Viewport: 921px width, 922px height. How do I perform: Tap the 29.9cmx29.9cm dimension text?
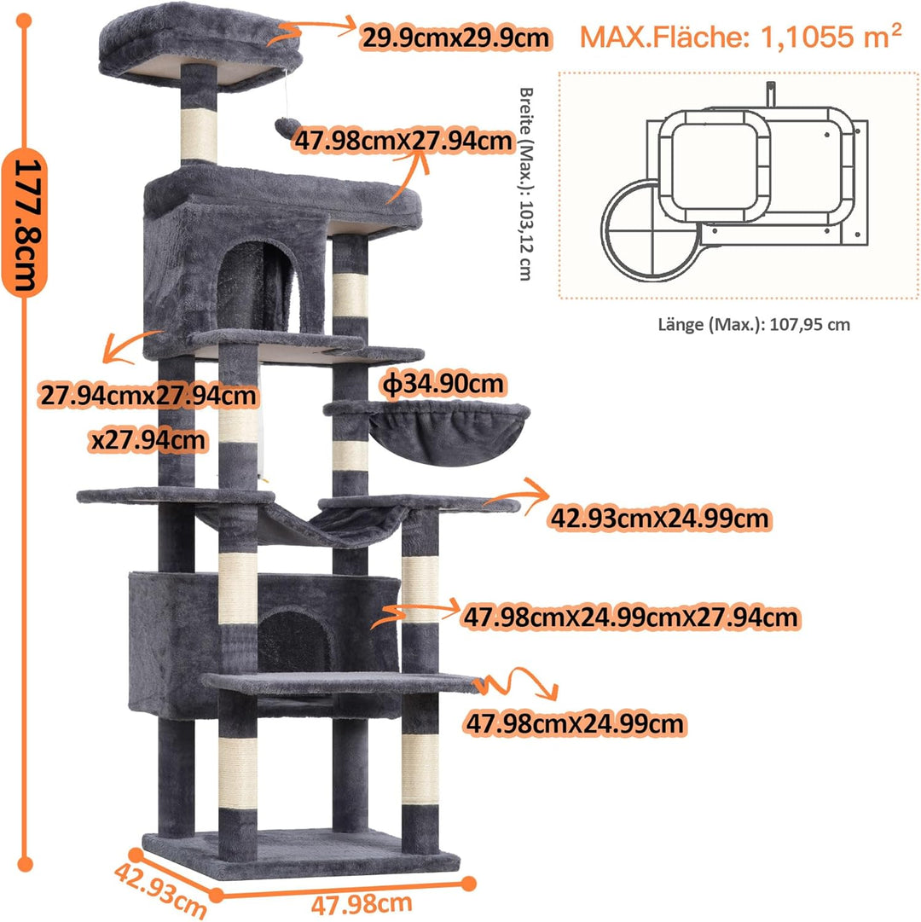pyautogui.click(x=455, y=38)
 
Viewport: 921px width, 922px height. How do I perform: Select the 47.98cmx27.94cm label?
pyautogui.click(x=403, y=142)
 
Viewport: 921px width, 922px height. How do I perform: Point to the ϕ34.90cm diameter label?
pyautogui.click(x=443, y=385)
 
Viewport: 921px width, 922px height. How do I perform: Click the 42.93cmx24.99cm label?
pyautogui.click(x=660, y=519)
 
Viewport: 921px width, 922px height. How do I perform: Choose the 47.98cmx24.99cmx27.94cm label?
pyautogui.click(x=631, y=618)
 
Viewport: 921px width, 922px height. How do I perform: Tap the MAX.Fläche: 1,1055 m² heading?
pyautogui.click(x=740, y=37)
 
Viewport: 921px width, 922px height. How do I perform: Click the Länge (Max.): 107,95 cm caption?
pyautogui.click(x=754, y=325)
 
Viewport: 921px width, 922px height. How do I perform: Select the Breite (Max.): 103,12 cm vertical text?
pyautogui.click(x=527, y=184)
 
